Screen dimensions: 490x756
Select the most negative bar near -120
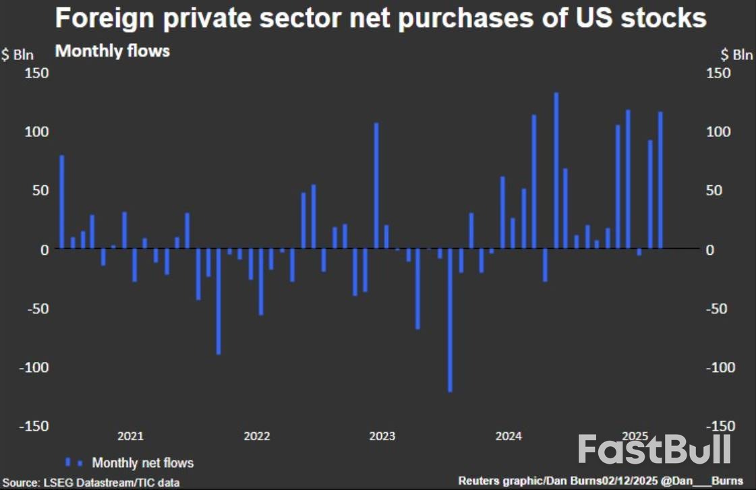click(x=450, y=320)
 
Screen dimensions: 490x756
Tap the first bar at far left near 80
click(x=62, y=202)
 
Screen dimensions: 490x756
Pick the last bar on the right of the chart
click(x=660, y=180)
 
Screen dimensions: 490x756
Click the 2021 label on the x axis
click(x=130, y=436)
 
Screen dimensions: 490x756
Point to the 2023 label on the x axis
click(x=382, y=436)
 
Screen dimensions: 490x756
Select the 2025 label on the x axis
click(x=635, y=436)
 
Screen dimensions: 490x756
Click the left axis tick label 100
click(x=37, y=131)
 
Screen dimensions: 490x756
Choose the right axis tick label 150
click(x=719, y=73)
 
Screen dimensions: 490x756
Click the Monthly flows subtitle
click(x=112, y=51)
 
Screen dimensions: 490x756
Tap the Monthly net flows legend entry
click(x=142, y=463)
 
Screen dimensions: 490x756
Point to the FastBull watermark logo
click(x=655, y=450)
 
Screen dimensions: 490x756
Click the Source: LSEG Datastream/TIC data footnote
click(x=91, y=483)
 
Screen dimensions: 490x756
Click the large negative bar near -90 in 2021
click(x=219, y=301)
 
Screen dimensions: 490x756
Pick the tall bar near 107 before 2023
click(x=376, y=186)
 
